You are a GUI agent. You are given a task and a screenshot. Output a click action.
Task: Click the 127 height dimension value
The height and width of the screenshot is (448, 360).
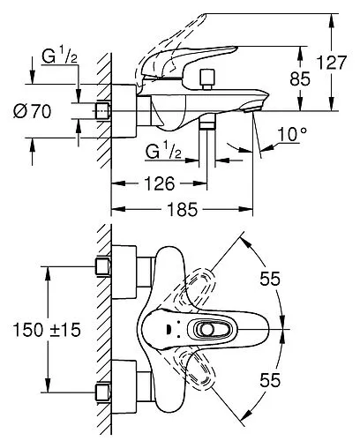[x=332, y=63]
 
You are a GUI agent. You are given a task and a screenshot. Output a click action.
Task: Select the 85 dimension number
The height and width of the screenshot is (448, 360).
[x=300, y=79]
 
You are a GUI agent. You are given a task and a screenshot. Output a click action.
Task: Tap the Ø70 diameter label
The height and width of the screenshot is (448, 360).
[x=32, y=111]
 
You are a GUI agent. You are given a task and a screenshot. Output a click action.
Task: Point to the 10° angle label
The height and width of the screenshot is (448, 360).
[x=292, y=134]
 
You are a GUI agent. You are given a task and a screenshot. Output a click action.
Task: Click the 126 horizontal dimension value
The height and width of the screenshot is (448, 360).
[x=160, y=184]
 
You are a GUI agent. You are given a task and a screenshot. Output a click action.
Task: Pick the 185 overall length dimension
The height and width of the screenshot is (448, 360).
[x=183, y=210]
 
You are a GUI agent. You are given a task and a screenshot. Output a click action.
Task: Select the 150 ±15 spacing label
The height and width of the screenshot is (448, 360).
[x=47, y=330]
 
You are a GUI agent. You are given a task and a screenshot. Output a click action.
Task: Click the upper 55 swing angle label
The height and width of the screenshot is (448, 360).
[x=270, y=279]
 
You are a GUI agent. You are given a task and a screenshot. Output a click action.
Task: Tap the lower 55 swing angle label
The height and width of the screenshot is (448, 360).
[x=270, y=380]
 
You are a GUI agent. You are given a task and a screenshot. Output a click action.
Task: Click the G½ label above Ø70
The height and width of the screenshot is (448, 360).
[x=60, y=56]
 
